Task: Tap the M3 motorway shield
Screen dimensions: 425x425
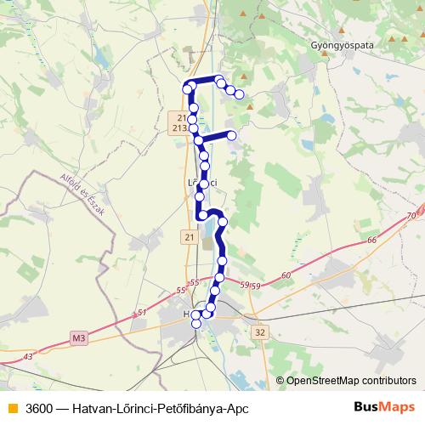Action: tap(79, 338)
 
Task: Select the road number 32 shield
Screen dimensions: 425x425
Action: tap(260, 332)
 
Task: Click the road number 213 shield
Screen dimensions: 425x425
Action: tap(178, 127)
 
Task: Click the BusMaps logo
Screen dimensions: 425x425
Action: tap(383, 408)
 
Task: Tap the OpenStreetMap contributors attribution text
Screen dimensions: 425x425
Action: tap(351, 380)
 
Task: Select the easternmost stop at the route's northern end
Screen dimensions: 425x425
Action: tap(240, 94)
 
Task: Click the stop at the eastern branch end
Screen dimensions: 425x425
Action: tap(231, 133)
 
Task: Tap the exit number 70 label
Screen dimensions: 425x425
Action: tap(412, 217)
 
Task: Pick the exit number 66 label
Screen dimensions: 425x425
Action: tap(371, 241)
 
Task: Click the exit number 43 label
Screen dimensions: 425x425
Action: tap(31, 355)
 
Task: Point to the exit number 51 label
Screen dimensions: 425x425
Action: tap(141, 314)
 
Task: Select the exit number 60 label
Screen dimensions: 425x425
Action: tap(285, 275)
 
